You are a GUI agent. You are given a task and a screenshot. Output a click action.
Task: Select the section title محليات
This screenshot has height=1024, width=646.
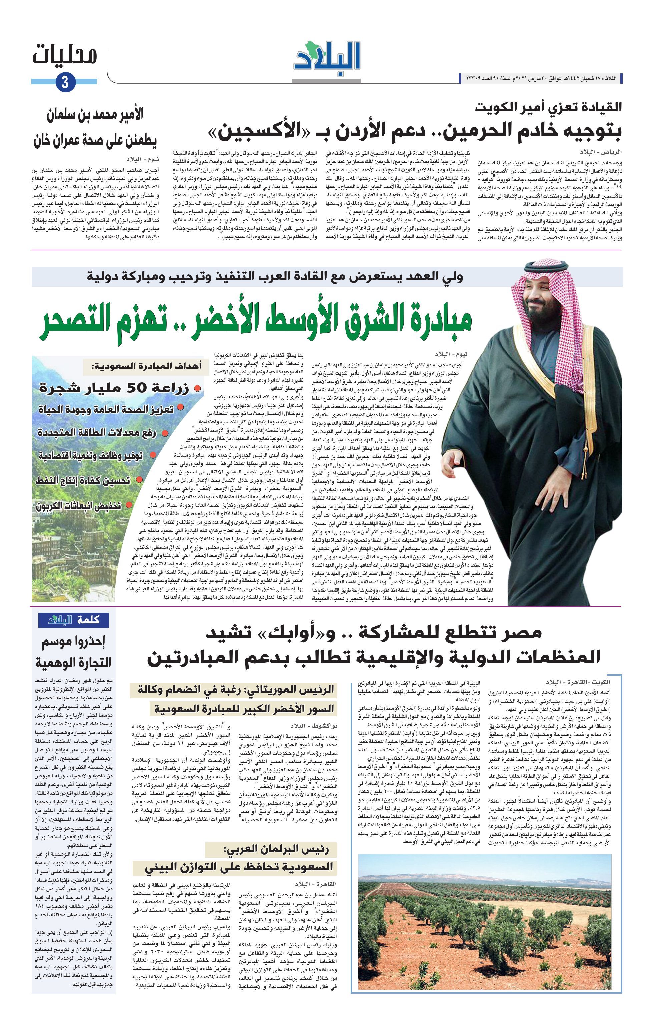click(x=65, y=56)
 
